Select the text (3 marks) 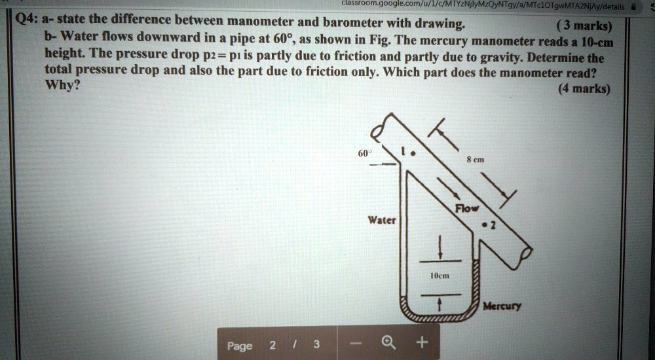click(582, 27)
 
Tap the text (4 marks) click(582, 90)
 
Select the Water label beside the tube click(381, 220)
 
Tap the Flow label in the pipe click(468, 209)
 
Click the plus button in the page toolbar click(422, 342)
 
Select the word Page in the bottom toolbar click(240, 345)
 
